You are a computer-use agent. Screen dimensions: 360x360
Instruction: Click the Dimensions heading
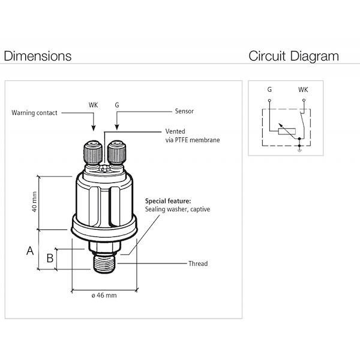coord(38,56)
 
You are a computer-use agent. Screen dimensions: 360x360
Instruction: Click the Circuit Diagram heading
coord(293,56)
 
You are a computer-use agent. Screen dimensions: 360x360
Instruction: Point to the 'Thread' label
coord(197,263)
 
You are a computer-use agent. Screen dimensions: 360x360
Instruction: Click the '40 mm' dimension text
coord(34,202)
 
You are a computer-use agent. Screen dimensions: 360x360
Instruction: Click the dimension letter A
coord(29,251)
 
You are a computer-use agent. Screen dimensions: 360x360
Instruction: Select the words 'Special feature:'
coord(168,201)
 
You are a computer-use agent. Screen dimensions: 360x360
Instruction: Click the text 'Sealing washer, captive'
coord(178,210)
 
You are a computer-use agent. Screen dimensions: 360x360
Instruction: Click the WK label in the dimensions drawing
coord(93,105)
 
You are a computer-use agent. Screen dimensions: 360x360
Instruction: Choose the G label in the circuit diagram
coord(269,89)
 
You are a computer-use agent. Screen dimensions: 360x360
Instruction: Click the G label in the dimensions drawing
coord(117,105)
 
